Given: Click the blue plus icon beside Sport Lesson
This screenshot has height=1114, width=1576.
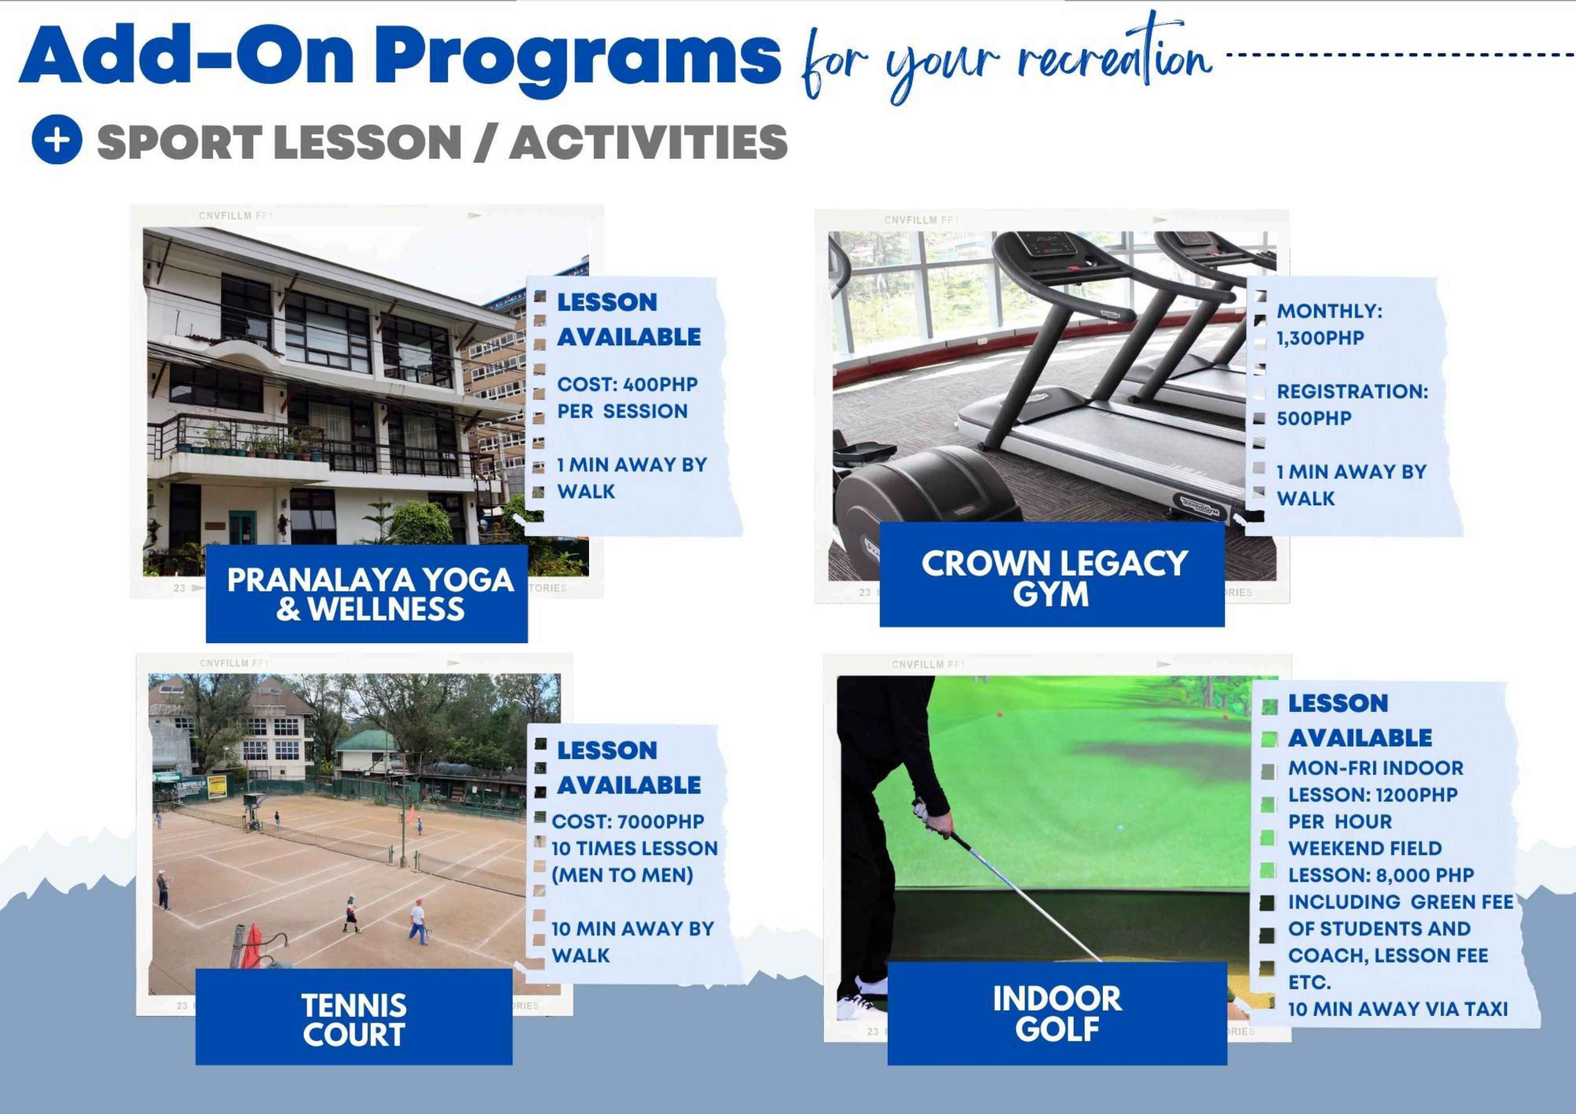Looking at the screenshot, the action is pos(57,139).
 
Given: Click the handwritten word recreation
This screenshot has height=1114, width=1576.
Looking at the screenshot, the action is pos(1116,55).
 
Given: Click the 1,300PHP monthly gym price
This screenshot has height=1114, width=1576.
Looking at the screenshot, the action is pos(1320,338).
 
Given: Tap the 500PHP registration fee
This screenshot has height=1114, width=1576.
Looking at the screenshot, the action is pos(1314,418).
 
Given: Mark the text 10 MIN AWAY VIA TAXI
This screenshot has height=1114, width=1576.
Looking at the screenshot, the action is pos(1398,1009).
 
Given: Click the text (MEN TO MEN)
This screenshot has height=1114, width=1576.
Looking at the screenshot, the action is pos(622,875).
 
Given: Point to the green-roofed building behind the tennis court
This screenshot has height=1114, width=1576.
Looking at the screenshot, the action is pos(368,753).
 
